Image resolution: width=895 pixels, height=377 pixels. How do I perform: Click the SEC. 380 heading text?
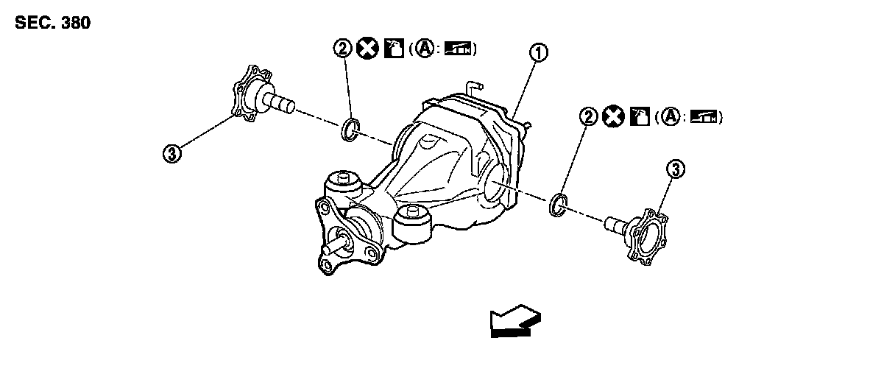tap(52, 23)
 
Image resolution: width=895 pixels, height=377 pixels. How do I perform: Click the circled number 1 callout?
tap(539, 52)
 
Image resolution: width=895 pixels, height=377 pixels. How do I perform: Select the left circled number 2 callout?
tap(342, 49)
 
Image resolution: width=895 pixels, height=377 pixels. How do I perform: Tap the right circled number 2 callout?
tap(587, 116)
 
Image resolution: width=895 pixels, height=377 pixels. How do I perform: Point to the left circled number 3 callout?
tap(171, 153)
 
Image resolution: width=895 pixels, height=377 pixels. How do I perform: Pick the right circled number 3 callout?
tap(676, 169)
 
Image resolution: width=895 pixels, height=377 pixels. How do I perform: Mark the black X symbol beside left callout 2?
tap(366, 49)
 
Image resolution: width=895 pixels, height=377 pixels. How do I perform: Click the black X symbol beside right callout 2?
tap(612, 116)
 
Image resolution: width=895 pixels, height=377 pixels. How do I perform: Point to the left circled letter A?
tap(422, 49)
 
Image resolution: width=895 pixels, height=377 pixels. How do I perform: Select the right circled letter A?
tap(668, 116)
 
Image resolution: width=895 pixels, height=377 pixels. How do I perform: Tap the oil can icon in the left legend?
tap(393, 49)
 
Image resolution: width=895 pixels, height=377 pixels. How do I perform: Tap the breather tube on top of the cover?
tap(475, 85)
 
